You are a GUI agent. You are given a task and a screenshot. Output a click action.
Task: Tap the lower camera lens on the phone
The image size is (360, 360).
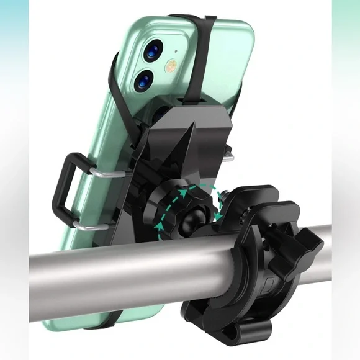[143, 80]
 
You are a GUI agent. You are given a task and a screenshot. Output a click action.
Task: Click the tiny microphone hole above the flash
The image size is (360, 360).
[176, 52]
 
